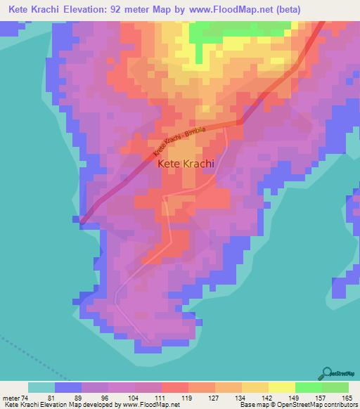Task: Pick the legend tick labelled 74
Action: [x=29, y=397]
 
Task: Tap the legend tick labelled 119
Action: [x=186, y=397]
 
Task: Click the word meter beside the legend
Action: [x=11, y=397]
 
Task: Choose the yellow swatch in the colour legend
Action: [x=282, y=387]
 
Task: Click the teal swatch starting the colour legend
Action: [x=41, y=387]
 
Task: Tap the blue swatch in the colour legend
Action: [x=68, y=387]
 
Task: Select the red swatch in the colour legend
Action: [x=175, y=387]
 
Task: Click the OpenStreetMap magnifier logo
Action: [x=327, y=373]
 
